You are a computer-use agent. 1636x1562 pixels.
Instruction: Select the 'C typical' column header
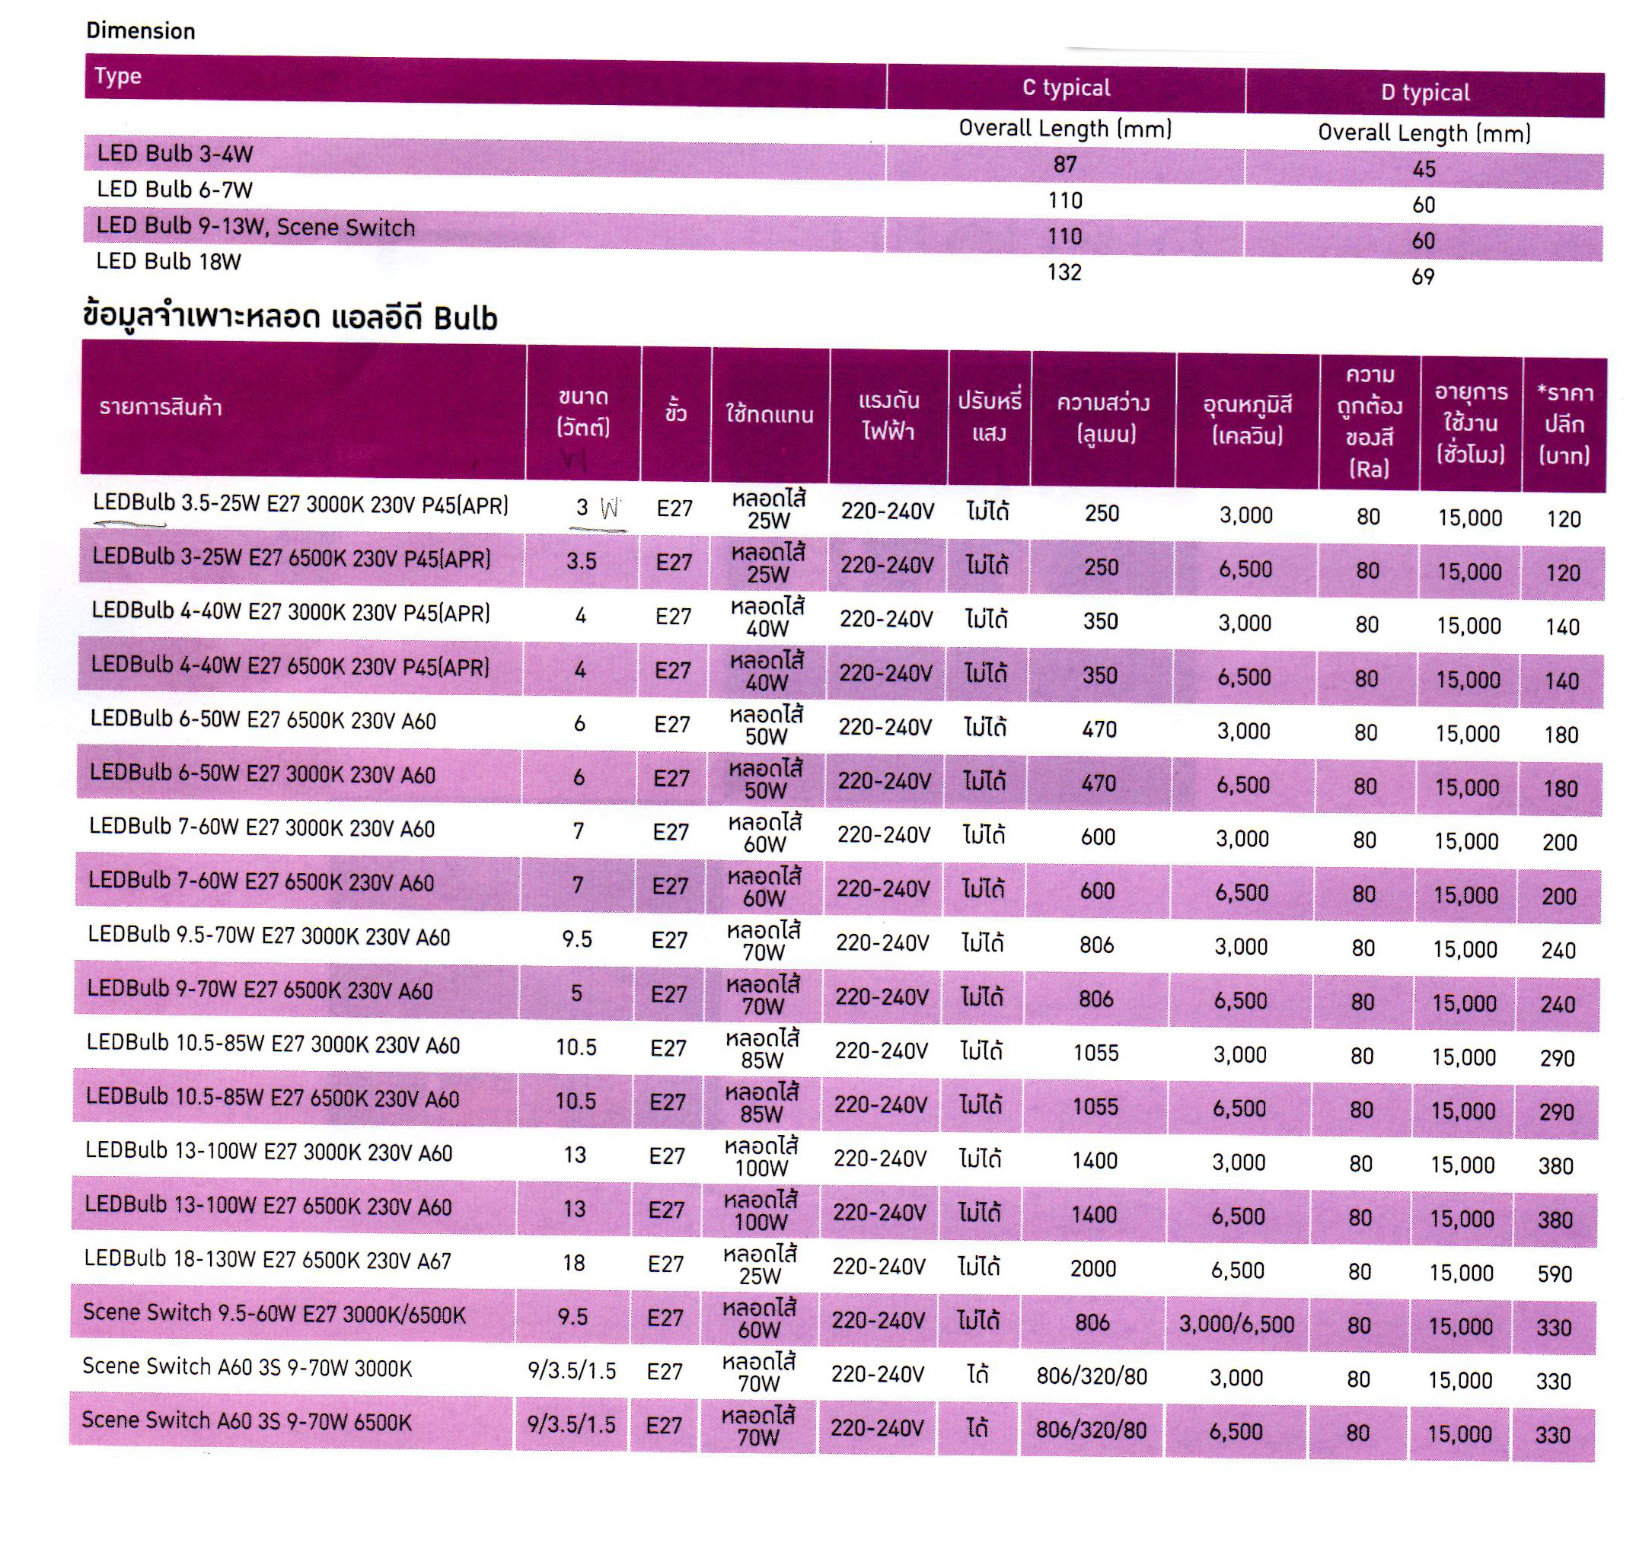click(1066, 88)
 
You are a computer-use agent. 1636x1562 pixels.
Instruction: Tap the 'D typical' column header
click(1424, 92)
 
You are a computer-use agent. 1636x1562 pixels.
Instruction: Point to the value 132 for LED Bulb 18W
click(1064, 273)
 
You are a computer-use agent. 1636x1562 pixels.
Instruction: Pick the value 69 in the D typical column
click(1423, 276)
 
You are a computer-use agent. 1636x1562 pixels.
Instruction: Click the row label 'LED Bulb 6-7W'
click(175, 190)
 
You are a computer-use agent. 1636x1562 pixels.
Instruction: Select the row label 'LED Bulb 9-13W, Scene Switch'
click(256, 228)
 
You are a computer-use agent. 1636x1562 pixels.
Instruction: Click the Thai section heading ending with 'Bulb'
click(290, 318)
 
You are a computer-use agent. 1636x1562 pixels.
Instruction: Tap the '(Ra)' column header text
click(1369, 470)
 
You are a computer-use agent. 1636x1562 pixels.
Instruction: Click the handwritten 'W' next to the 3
click(610, 508)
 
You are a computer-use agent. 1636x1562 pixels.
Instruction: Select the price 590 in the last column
click(1555, 1274)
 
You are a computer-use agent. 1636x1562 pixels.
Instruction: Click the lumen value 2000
click(1093, 1268)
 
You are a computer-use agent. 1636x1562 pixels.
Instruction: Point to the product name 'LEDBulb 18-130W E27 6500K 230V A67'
click(267, 1261)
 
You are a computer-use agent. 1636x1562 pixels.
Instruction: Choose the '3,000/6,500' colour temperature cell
click(1236, 1324)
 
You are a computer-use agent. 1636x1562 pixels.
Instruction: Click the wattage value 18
click(574, 1263)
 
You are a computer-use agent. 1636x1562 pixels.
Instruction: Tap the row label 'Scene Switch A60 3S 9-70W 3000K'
click(247, 1367)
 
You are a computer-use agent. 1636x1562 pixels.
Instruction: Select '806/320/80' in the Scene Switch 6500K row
click(1091, 1430)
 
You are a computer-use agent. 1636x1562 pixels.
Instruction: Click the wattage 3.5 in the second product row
click(581, 561)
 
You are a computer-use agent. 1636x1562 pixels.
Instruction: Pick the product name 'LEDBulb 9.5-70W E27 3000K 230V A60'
click(269, 937)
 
